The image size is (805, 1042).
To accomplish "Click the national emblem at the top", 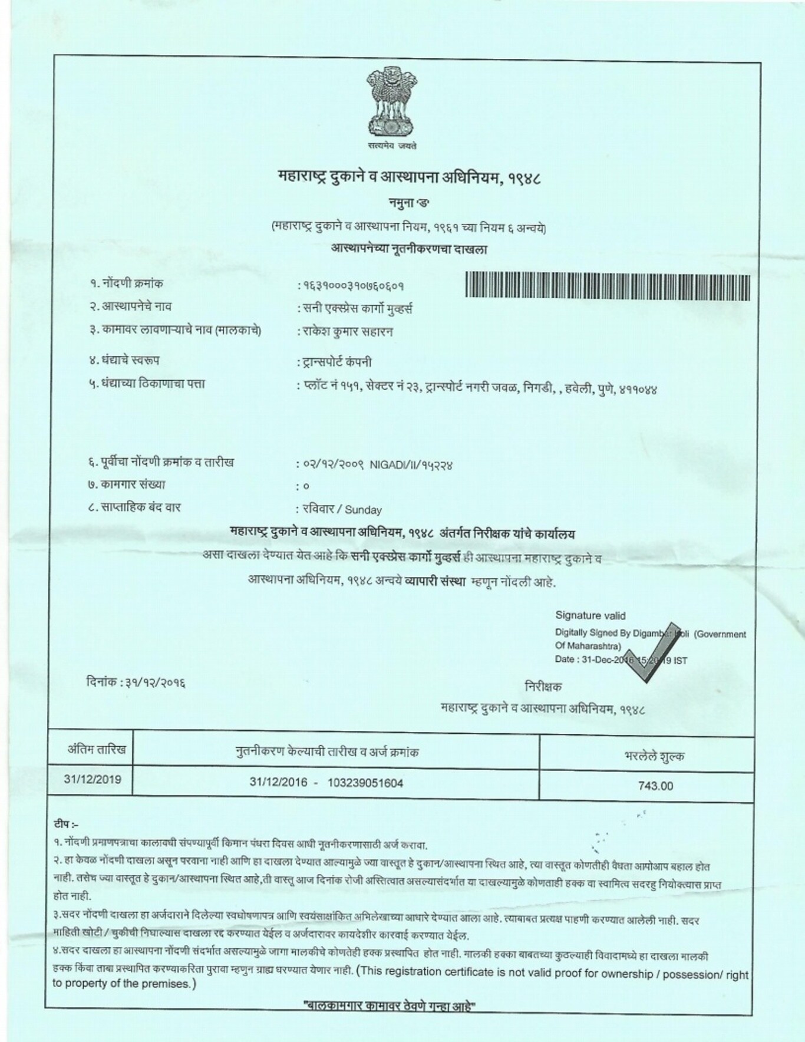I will click(x=390, y=101).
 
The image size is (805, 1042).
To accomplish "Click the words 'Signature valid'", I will click(x=590, y=616).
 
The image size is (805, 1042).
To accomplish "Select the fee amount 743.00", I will click(x=655, y=786).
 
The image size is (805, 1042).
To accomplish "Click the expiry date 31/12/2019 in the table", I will click(x=93, y=779).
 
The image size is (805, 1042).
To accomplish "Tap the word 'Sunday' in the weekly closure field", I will click(x=364, y=510).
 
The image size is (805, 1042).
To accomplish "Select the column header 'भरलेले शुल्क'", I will click(x=655, y=757).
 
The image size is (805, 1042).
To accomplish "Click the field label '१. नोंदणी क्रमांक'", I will click(x=127, y=284).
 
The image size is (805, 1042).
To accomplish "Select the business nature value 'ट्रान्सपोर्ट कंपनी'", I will click(x=336, y=362).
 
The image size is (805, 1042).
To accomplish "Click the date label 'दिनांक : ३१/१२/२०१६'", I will click(x=136, y=684).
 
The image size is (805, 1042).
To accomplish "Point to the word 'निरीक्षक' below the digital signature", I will click(x=543, y=687).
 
